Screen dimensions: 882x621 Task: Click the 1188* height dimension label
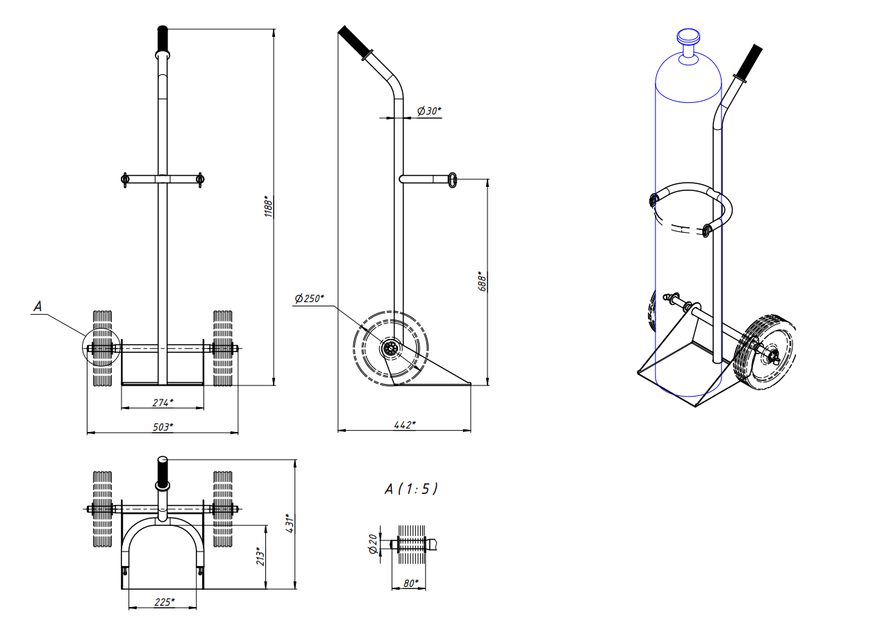[268, 206]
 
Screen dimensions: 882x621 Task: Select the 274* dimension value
[163, 402]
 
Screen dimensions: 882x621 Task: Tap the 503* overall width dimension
[163, 427]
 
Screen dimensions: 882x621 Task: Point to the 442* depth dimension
[405, 424]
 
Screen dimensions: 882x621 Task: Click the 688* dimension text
[482, 281]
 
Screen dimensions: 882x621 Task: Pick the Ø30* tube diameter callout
[428, 110]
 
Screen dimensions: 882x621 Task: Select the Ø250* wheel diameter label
[309, 298]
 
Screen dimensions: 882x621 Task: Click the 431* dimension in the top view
[290, 523]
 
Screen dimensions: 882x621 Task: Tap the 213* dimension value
[260, 556]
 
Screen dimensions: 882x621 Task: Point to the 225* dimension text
[164, 602]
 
